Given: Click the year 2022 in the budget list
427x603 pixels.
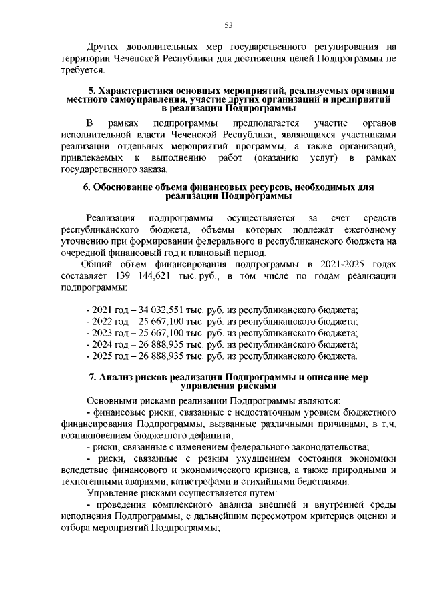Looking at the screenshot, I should [x=103, y=321].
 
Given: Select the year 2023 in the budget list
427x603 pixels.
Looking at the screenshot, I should [x=103, y=332].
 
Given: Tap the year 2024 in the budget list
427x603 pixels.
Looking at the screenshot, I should [x=103, y=344].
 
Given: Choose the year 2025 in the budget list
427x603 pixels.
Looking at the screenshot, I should [x=103, y=356].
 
